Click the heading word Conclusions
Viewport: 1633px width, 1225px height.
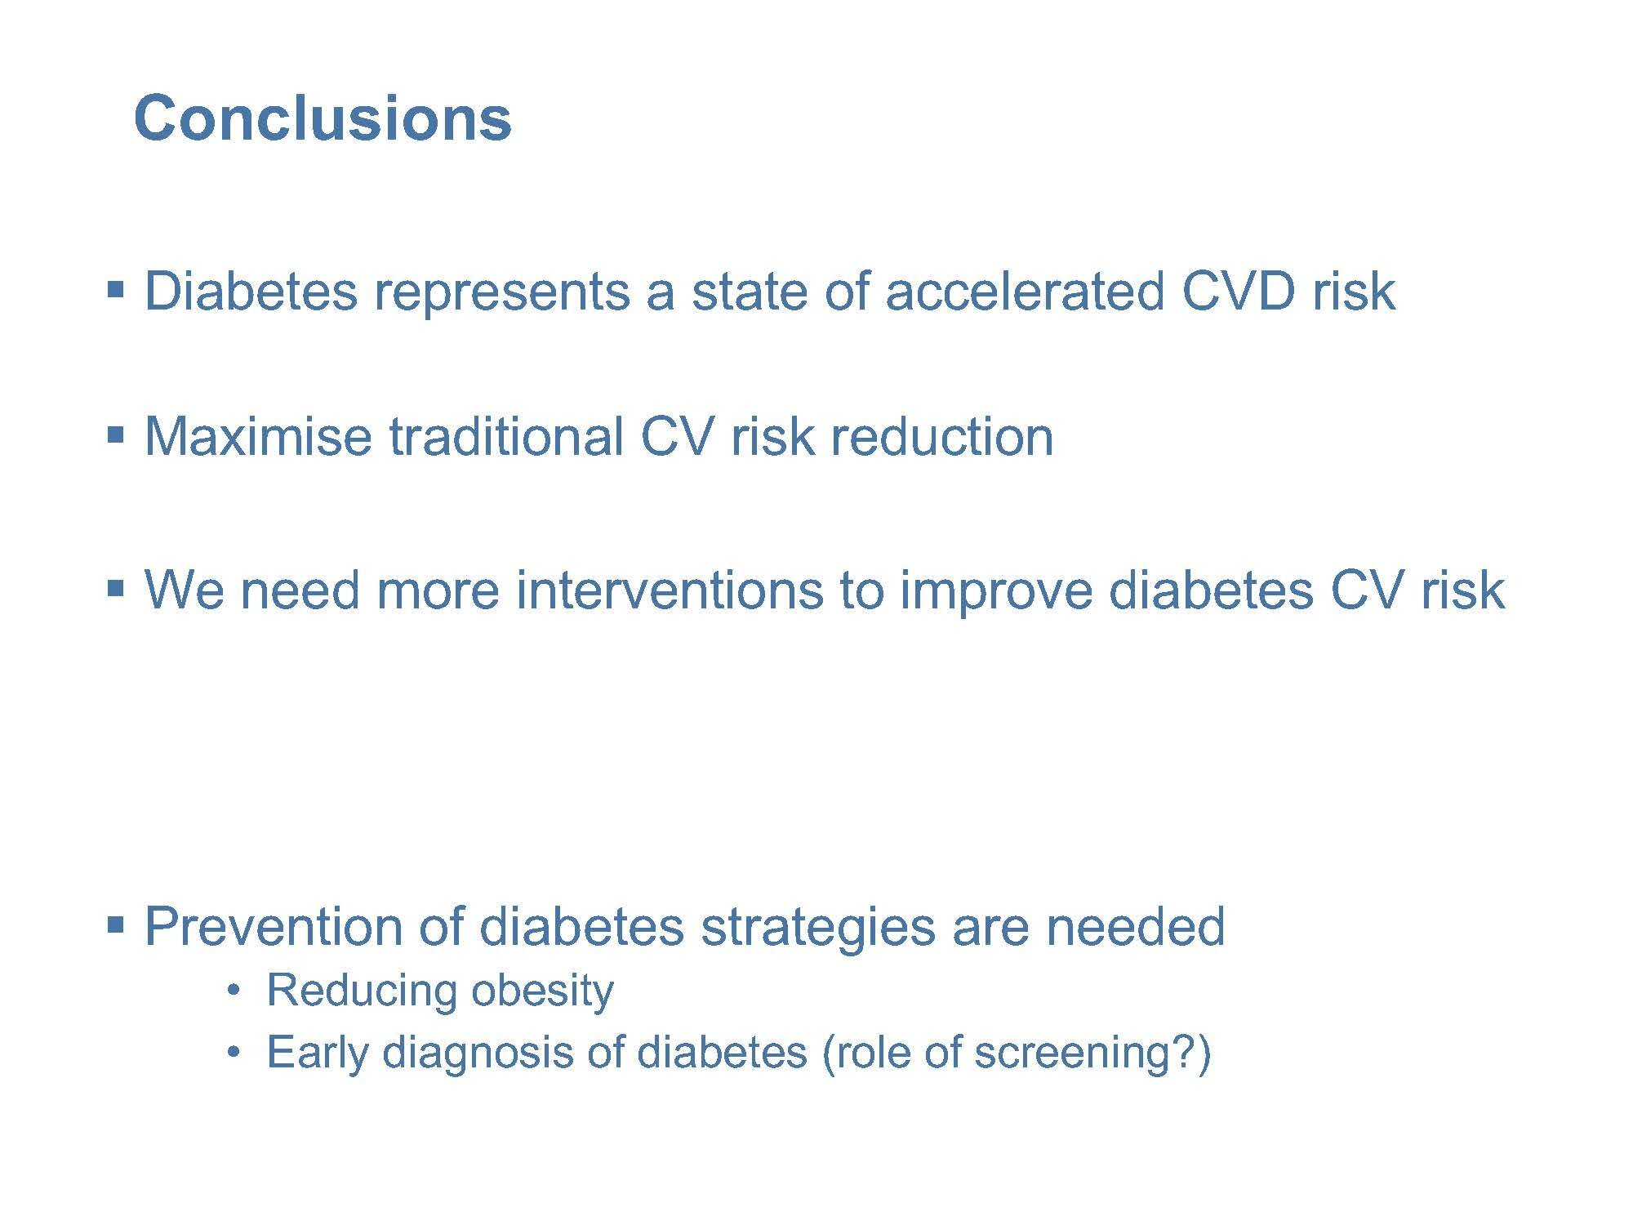323,118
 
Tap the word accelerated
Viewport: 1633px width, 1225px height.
1024,291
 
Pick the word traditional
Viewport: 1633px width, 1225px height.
505,436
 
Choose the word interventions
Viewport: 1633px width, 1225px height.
669,590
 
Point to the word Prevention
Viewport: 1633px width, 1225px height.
274,926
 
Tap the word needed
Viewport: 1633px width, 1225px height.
1136,926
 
